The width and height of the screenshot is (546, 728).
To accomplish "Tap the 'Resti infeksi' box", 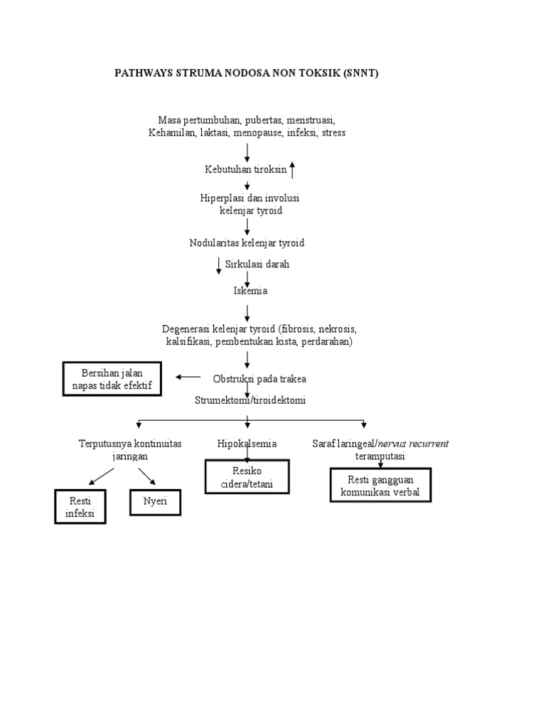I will [x=80, y=507].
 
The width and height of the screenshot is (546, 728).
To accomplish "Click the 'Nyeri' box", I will [x=155, y=501].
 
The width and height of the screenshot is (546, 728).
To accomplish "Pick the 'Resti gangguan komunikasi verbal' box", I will [x=380, y=485].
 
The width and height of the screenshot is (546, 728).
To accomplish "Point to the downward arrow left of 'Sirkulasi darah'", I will [x=219, y=266].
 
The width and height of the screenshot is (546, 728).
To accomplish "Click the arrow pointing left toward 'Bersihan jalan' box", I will [x=188, y=378].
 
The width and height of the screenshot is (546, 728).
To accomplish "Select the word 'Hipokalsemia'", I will [x=247, y=444].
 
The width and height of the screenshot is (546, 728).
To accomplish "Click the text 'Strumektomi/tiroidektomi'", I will [x=250, y=400].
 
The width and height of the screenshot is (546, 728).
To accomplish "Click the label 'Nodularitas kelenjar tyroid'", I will [x=247, y=243].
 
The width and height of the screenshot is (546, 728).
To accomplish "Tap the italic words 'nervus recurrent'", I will [x=417, y=444].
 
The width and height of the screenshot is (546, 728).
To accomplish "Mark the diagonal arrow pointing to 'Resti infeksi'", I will [x=100, y=476].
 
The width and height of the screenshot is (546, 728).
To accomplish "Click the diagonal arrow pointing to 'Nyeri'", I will [x=147, y=476].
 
